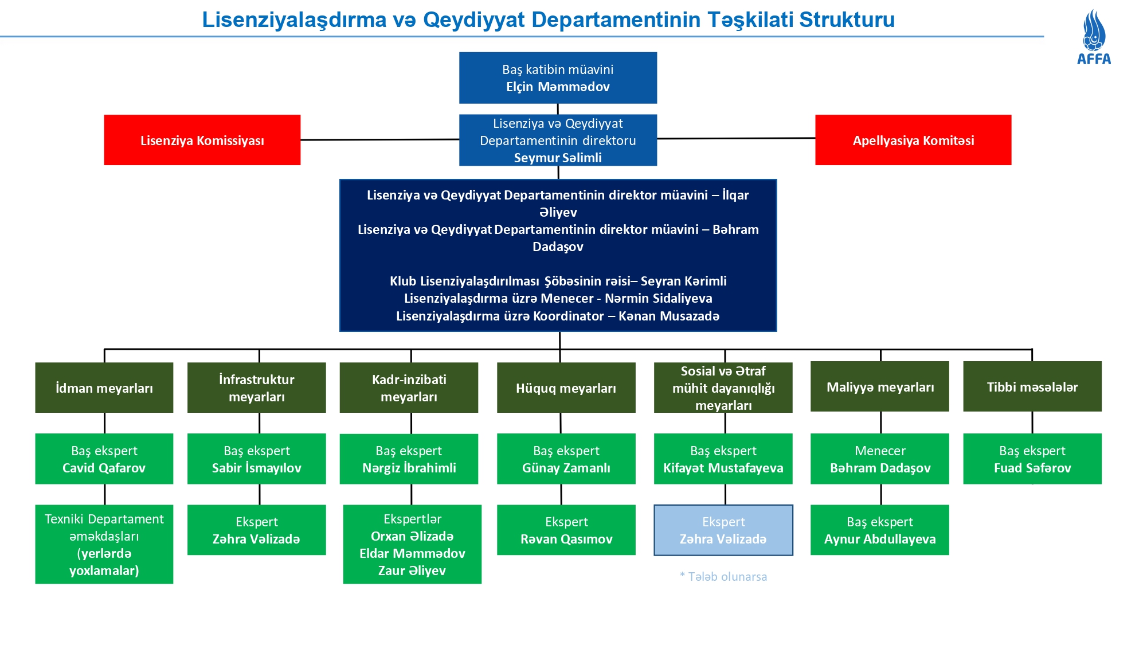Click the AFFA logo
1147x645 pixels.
tap(1094, 37)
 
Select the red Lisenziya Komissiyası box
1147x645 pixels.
tap(202, 140)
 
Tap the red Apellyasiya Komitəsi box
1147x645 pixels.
tap(913, 140)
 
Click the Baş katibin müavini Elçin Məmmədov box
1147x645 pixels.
tap(558, 78)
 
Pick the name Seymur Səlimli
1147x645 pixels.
tap(558, 158)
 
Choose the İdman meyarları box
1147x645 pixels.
tap(104, 388)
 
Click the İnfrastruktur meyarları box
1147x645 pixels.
tap(256, 388)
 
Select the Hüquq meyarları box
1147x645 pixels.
tap(566, 388)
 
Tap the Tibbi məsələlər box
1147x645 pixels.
tap(1032, 386)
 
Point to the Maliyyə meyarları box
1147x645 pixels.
tap(879, 386)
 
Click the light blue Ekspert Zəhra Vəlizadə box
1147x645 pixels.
tap(723, 530)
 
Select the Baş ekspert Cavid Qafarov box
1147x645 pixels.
tap(104, 459)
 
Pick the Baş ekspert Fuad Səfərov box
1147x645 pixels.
tap(1032, 459)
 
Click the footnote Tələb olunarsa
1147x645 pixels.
tap(723, 577)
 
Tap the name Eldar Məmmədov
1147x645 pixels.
tap(412, 553)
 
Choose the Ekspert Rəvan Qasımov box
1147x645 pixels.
tap(566, 530)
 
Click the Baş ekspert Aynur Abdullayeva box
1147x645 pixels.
tap(879, 530)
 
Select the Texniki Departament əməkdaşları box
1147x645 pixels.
tap(104, 544)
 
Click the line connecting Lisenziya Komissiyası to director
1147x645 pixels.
tap(379, 139)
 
